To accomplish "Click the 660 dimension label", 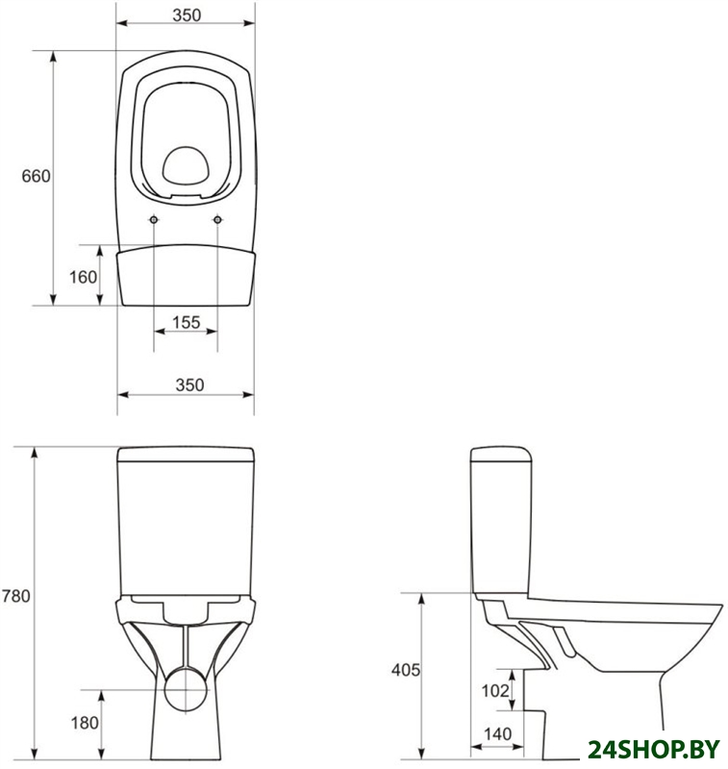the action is coord(36,176).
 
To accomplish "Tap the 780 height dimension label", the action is coord(16,596).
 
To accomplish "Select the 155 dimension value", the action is coord(187,323).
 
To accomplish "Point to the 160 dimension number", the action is coord(83,278).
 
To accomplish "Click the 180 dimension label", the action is coord(85,723).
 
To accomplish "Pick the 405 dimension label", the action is coord(406,670).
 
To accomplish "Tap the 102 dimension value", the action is coord(495,691).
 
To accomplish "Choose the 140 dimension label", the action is coord(498,734).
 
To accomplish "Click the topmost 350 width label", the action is coord(187,15).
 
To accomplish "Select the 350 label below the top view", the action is coord(189,385).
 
